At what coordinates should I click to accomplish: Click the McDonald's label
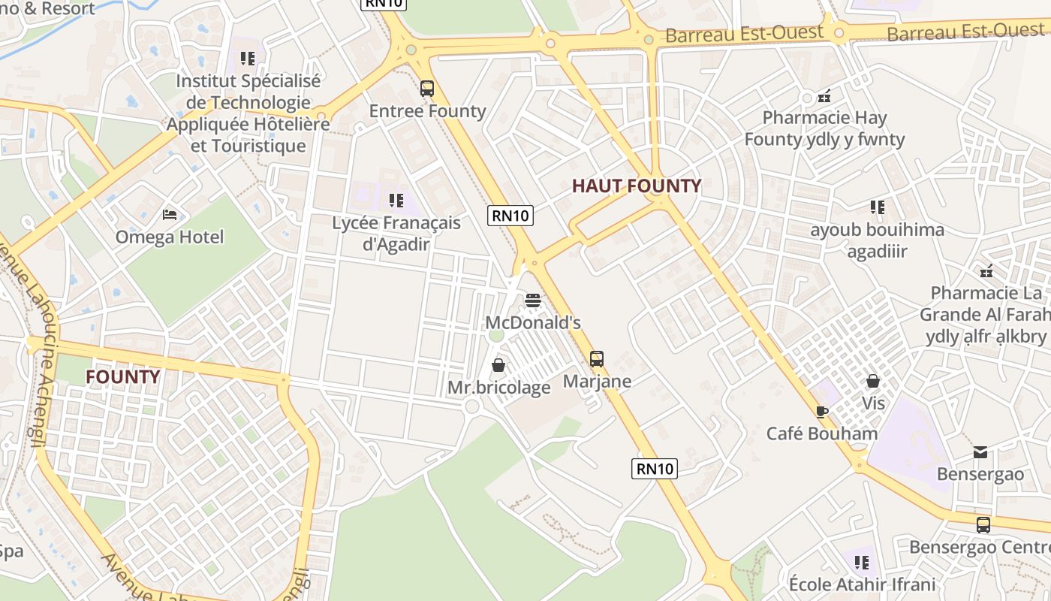click(x=533, y=323)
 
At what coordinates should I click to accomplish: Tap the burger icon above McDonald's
click(x=533, y=301)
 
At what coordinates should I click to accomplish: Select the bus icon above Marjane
click(x=597, y=359)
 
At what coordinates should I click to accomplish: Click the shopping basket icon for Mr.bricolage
click(x=498, y=365)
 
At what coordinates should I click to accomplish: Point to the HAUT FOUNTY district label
click(x=637, y=186)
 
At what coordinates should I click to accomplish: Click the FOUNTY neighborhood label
click(x=122, y=376)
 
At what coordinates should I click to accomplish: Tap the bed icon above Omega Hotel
click(x=170, y=215)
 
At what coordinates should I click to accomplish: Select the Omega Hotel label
click(x=170, y=237)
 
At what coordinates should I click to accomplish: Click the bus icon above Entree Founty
click(x=427, y=89)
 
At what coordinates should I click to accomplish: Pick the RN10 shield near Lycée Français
click(x=510, y=216)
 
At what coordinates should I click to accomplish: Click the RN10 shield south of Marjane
click(x=655, y=469)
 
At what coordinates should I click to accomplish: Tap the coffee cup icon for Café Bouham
click(x=822, y=412)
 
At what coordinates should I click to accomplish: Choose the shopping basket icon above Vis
click(x=873, y=381)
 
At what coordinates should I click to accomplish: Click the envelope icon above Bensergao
click(x=980, y=452)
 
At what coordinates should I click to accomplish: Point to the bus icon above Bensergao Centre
click(x=983, y=525)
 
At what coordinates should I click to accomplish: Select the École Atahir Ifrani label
click(x=862, y=584)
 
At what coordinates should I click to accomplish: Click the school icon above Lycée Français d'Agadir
click(x=396, y=201)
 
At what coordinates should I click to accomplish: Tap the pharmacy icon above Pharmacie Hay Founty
click(x=824, y=95)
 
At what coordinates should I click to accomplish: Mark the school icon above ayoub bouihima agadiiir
click(x=877, y=207)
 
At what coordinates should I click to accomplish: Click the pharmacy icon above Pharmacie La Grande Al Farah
click(x=986, y=270)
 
